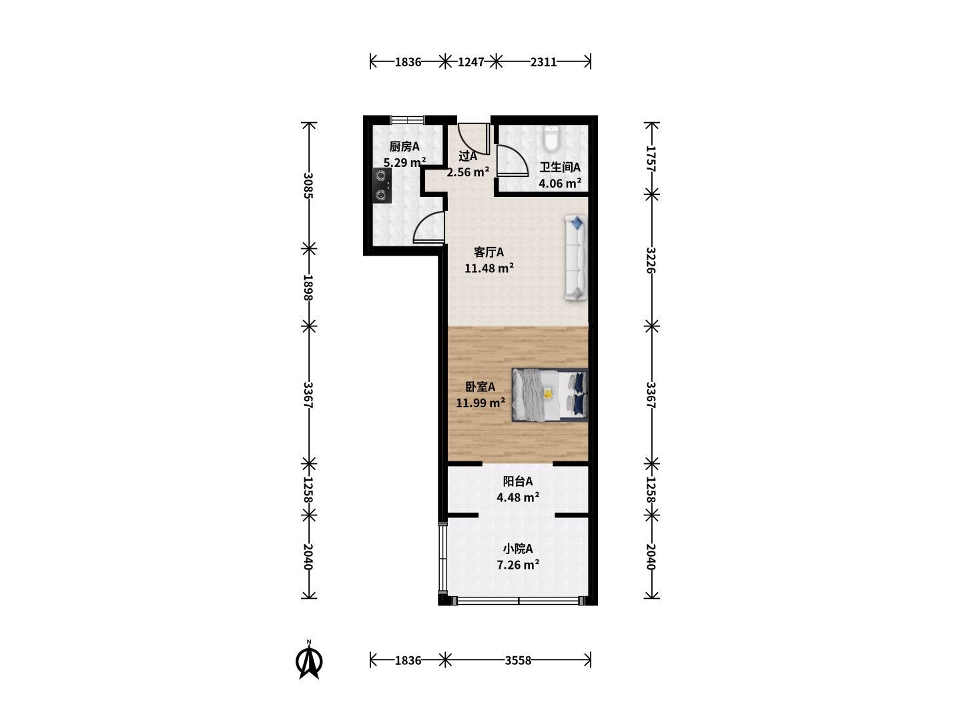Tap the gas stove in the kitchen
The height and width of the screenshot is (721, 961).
(382, 186)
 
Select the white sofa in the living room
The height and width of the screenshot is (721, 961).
(575, 258)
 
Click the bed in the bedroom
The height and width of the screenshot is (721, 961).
(549, 395)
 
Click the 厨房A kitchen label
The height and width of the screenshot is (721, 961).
(404, 146)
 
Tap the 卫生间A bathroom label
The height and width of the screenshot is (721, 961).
(560, 167)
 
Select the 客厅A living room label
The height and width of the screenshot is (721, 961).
(489, 252)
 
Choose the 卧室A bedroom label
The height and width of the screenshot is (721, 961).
(480, 387)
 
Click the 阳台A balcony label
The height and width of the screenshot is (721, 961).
(517, 481)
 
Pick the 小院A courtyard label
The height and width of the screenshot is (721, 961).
(517, 549)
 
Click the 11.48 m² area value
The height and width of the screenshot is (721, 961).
(489, 268)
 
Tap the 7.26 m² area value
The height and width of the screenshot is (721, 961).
(518, 565)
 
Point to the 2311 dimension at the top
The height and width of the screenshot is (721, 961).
(543, 62)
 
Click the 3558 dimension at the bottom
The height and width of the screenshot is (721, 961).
(518, 660)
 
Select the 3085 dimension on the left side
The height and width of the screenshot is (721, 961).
(309, 186)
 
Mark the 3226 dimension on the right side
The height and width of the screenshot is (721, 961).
(651, 260)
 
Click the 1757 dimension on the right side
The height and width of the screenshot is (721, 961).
(651, 158)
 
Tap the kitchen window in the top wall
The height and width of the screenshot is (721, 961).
(408, 119)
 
